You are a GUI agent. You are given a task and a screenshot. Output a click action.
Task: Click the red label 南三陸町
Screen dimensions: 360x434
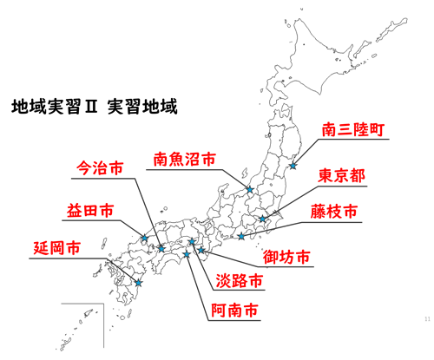point(352,131)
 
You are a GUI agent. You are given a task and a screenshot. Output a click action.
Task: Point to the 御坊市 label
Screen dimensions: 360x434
point(286,258)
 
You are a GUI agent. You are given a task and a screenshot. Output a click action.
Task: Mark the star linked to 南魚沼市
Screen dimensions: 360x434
point(249,190)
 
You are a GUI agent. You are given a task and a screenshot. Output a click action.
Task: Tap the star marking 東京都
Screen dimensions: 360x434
point(263,219)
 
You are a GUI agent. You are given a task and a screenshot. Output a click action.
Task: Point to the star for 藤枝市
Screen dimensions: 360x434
point(241,236)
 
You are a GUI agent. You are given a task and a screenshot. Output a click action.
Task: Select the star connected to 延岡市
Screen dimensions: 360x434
point(138,282)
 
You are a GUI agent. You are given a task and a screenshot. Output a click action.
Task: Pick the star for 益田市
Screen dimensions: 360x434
point(144,239)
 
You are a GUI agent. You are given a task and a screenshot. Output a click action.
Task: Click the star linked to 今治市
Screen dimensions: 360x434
point(161,248)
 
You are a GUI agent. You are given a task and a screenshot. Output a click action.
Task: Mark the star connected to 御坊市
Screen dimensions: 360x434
point(202,251)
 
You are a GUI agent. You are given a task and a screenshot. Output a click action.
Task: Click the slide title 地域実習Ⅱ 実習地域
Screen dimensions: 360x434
point(94,108)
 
